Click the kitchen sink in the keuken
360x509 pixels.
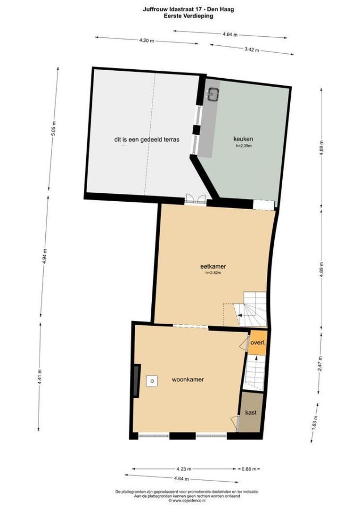(x=213, y=94)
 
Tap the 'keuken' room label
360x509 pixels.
(x=243, y=139)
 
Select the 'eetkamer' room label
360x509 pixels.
(x=213, y=266)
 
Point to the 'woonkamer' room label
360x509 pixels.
(x=188, y=379)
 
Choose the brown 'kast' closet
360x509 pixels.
(x=251, y=412)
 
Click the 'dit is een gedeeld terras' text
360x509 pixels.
(x=147, y=140)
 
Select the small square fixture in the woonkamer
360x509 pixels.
(x=152, y=381)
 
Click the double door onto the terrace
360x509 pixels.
(x=196, y=199)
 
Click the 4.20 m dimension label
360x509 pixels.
(x=147, y=41)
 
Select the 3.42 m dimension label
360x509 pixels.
(x=252, y=49)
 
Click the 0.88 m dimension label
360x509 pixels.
(x=249, y=469)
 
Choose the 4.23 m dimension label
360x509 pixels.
(x=184, y=469)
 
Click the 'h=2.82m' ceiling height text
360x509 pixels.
(x=213, y=273)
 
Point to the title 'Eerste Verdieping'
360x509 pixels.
(x=188, y=15)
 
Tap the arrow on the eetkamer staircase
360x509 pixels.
(x=240, y=314)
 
